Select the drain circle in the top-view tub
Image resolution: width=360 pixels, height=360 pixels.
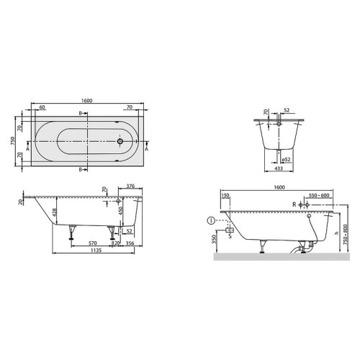(x=120, y=141)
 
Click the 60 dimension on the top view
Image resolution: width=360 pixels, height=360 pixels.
(x=42, y=107)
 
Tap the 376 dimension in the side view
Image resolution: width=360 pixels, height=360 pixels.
(x=131, y=186)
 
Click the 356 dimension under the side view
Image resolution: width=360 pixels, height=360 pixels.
(x=130, y=243)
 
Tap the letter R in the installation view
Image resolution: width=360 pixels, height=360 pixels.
(x=294, y=205)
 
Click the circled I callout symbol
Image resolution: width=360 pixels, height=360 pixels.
(x=210, y=220)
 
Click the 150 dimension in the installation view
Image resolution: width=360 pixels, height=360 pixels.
(x=225, y=195)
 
